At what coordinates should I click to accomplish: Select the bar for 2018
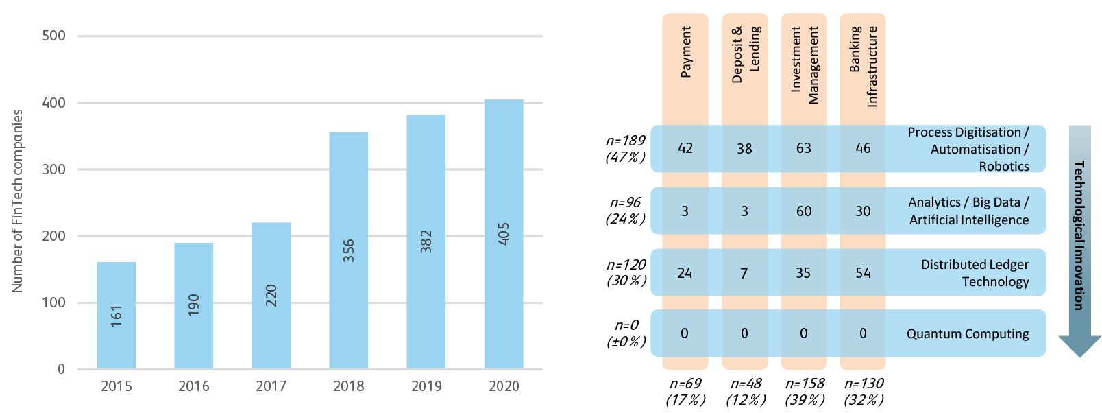(348, 250)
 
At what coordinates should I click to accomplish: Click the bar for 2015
(116, 316)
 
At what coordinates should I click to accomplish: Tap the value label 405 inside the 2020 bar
(504, 234)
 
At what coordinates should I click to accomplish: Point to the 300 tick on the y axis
(54, 169)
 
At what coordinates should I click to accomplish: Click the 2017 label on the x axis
(271, 386)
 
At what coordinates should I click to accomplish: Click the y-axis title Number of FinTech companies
(18, 201)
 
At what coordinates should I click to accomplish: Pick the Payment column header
(685, 52)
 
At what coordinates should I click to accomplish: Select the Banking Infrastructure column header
(863, 66)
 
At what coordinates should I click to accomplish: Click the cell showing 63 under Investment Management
(803, 148)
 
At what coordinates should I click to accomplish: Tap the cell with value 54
(863, 273)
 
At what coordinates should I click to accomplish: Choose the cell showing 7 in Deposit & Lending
(744, 273)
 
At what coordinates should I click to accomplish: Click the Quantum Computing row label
(967, 334)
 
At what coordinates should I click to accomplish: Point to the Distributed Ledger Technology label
(975, 273)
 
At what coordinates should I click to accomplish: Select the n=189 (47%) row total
(625, 149)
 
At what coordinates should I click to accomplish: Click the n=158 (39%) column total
(805, 391)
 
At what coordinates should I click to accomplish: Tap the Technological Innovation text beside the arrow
(1079, 235)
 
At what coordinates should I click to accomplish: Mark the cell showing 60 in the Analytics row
(803, 211)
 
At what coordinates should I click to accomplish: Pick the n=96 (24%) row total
(625, 211)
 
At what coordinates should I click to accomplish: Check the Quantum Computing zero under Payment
(685, 333)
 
